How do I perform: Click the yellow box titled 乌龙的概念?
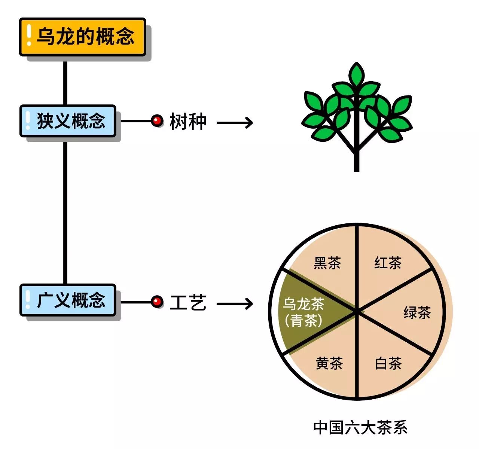pos(82,37)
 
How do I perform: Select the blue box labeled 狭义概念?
pos(68,121)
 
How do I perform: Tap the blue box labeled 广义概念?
pos(68,300)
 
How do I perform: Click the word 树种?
pos(188,122)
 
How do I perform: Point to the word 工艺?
pos(188,303)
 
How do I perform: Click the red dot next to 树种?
pos(157,120)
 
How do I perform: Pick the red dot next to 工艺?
pos(157,302)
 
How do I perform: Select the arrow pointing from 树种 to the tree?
pos(235,122)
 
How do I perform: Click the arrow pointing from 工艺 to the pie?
pos(235,303)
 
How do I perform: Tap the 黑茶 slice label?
pos(327,263)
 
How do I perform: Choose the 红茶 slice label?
pos(388,263)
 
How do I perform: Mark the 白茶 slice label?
pos(388,363)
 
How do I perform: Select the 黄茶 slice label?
pos(329,363)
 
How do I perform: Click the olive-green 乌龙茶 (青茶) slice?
pos(303,312)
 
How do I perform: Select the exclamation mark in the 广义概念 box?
pos(28,300)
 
